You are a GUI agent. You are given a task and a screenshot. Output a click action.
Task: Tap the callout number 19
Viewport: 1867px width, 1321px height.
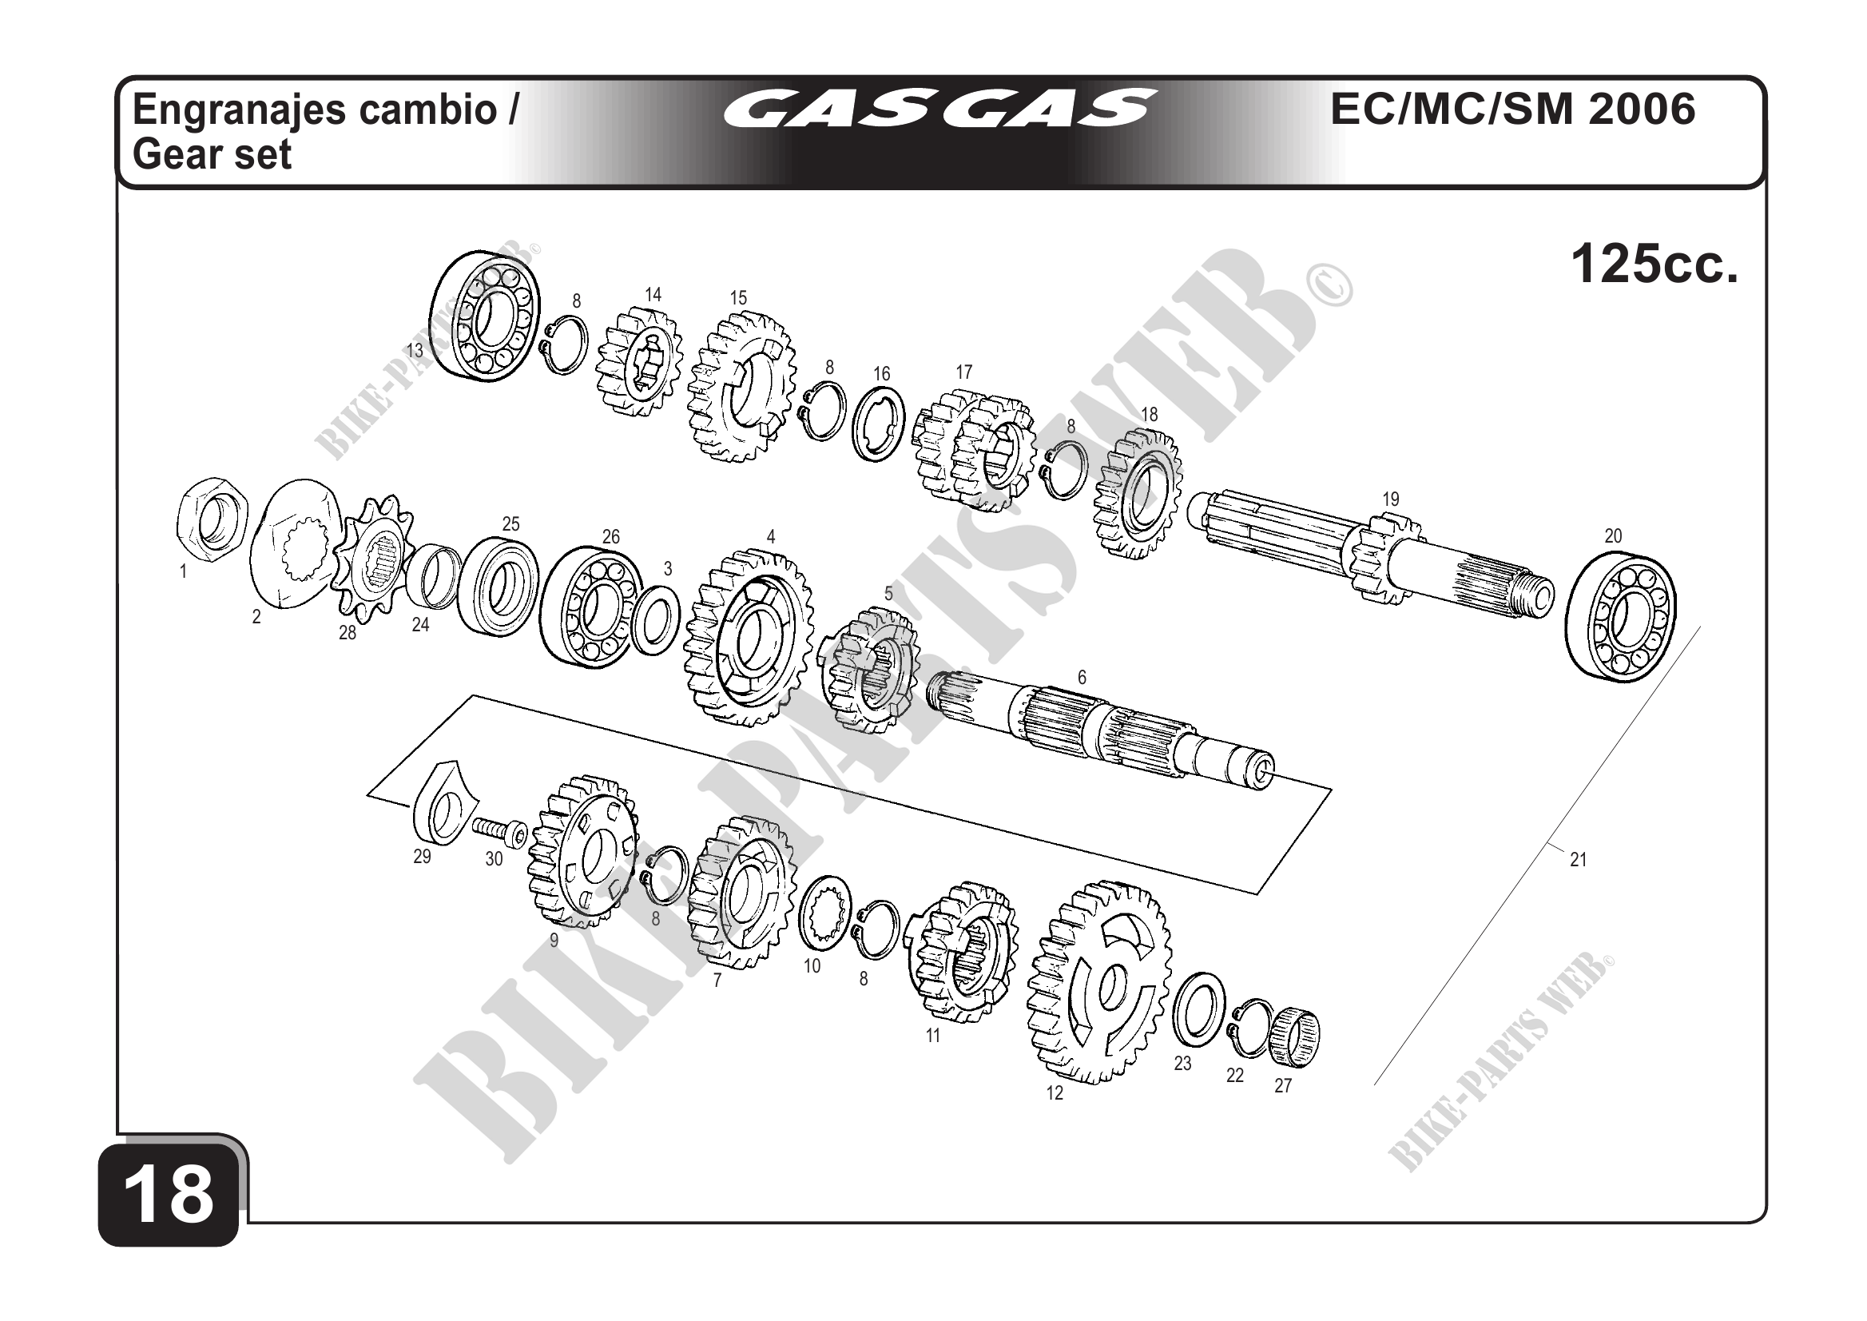pyautogui.click(x=1391, y=499)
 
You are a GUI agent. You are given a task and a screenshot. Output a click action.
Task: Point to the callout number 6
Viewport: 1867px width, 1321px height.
pyautogui.click(x=1082, y=677)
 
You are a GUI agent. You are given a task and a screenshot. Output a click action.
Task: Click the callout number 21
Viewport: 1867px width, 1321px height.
pyautogui.click(x=1578, y=859)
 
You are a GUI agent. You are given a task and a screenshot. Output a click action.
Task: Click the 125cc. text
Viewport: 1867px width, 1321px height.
pyautogui.click(x=1654, y=265)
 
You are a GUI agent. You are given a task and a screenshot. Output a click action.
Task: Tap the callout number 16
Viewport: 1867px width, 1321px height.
pyautogui.click(x=881, y=374)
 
